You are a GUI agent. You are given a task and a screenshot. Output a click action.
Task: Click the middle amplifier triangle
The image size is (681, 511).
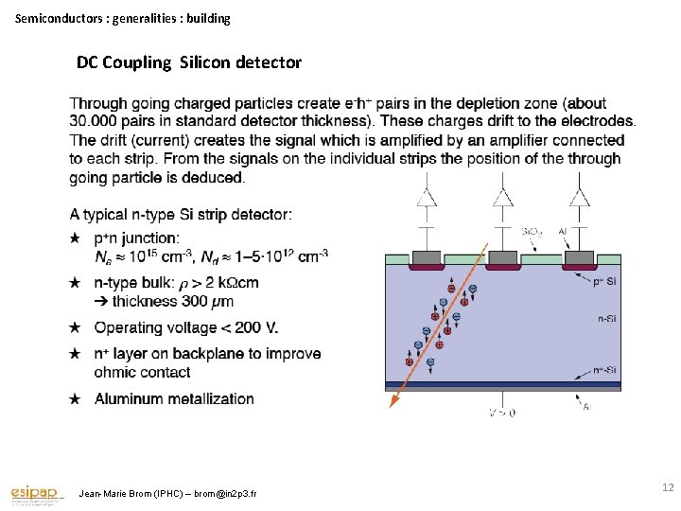[501, 197]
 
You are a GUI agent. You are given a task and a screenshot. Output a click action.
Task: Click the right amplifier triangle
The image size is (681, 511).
[577, 197]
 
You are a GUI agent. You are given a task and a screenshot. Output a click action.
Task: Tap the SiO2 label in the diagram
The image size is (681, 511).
[533, 230]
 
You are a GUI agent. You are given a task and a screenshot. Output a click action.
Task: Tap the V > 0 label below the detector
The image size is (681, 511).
[502, 413]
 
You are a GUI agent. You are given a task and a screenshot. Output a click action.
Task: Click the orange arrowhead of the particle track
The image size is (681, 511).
[393, 401]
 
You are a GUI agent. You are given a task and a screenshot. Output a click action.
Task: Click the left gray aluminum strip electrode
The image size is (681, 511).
[427, 257]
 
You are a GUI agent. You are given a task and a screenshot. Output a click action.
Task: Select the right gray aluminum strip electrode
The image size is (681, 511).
[577, 257]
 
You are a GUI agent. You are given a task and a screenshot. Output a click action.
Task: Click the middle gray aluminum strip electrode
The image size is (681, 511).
[502, 257]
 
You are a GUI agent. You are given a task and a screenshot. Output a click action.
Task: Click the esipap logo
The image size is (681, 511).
[36, 493]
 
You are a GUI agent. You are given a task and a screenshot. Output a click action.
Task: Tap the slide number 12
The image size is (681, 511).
[668, 487]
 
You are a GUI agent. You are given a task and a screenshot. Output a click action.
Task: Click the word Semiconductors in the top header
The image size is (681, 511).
[57, 18]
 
